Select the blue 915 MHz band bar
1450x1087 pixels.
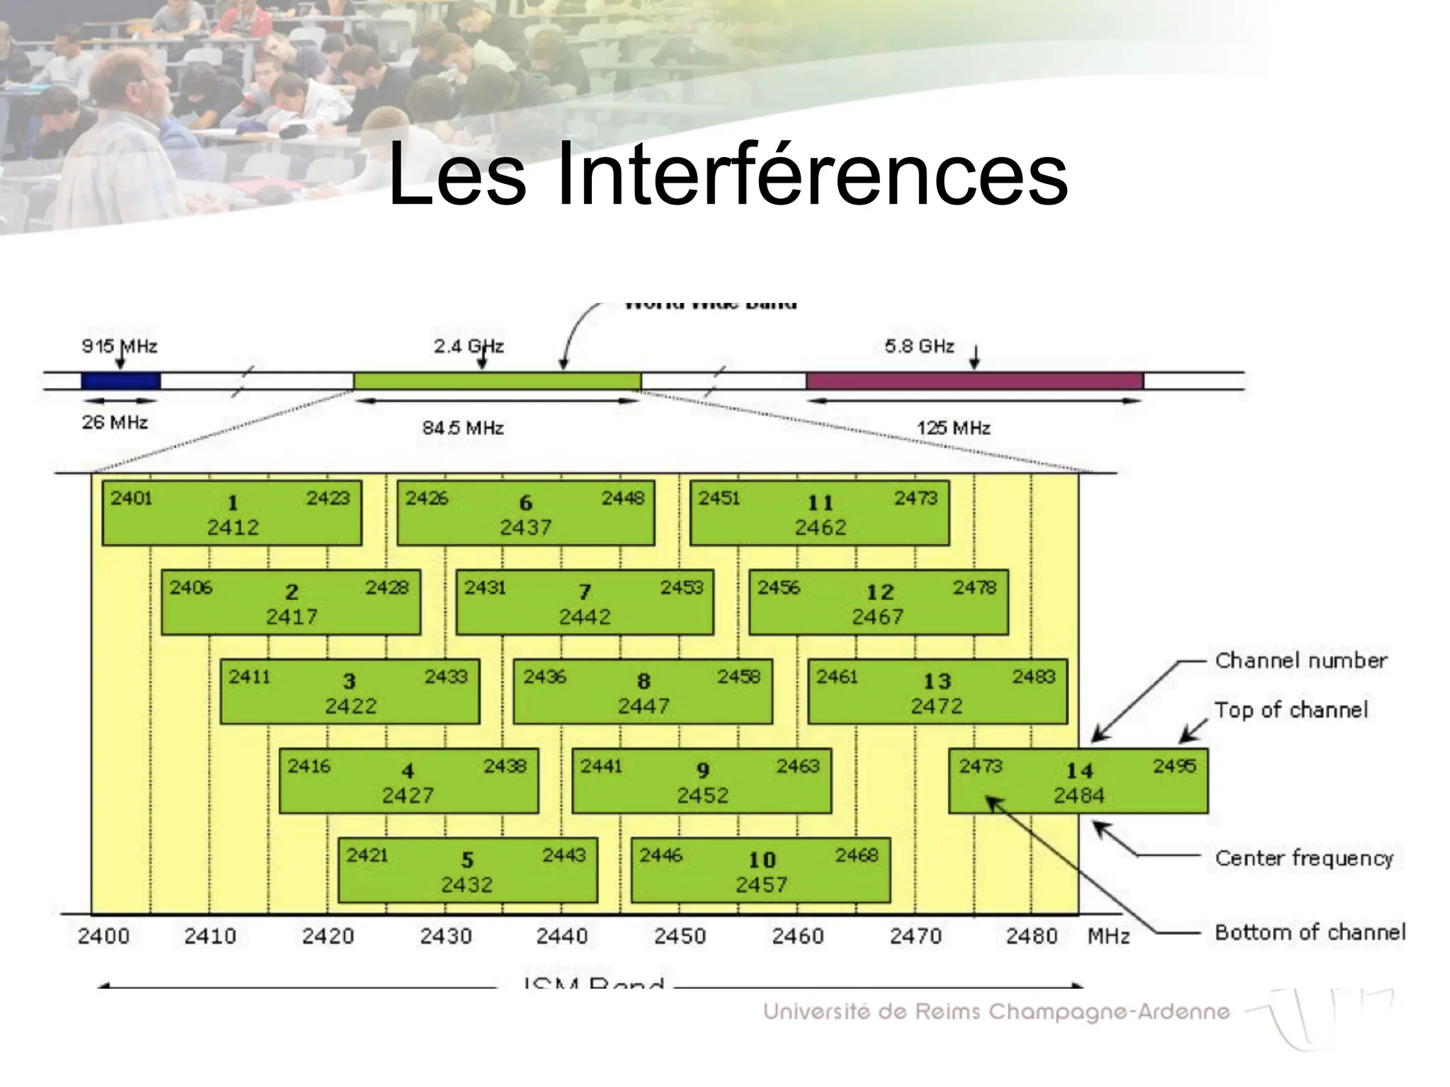(120, 381)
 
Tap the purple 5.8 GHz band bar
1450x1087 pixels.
(974, 381)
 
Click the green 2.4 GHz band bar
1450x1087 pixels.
(497, 381)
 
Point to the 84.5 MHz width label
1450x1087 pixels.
(463, 428)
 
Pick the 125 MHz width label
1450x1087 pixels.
(953, 428)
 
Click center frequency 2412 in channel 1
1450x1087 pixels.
(233, 527)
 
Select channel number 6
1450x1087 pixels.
(525, 502)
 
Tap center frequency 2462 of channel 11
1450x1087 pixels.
(820, 527)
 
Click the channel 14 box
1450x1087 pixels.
(1078, 781)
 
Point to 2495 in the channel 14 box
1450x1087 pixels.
(1174, 766)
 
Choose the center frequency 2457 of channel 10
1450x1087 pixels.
(761, 885)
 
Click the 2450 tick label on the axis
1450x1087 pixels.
(680, 936)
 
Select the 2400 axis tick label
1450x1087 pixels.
(103, 936)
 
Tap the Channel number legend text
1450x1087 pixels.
(1301, 660)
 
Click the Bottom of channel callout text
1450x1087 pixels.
(1310, 932)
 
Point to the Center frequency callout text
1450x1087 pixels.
(1304, 858)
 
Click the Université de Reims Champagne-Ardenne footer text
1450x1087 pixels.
(996, 1011)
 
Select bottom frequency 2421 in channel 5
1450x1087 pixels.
(367, 855)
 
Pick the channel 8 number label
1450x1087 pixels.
(644, 681)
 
